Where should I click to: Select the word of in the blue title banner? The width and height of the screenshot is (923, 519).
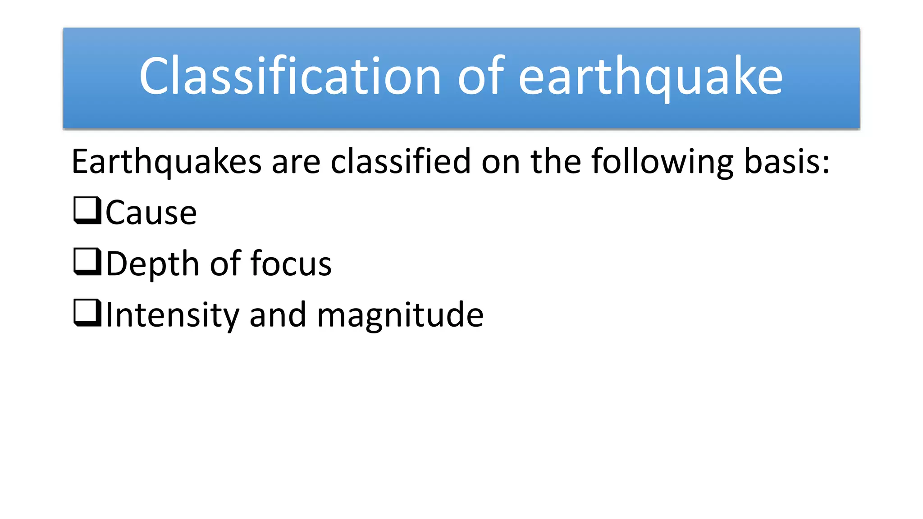480,77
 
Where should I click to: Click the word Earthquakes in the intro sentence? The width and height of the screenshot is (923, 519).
166,162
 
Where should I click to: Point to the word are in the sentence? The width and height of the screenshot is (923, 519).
296,162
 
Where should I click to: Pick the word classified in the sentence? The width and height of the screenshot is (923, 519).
401,162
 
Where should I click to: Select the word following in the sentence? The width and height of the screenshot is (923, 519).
662,162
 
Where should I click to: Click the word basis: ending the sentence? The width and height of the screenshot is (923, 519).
786,162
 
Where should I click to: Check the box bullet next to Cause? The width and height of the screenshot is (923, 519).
87,210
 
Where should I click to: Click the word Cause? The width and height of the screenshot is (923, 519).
151,213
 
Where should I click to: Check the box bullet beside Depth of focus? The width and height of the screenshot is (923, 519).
87,262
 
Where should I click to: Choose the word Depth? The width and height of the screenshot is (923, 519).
152,264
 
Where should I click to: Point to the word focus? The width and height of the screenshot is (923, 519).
291,263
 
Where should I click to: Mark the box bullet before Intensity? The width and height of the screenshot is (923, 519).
87,313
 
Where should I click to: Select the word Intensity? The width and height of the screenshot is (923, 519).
172,315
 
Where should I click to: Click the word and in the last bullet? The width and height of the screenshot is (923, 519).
278,315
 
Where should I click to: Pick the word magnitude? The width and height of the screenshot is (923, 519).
400,315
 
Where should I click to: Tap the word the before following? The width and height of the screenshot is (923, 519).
556,162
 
